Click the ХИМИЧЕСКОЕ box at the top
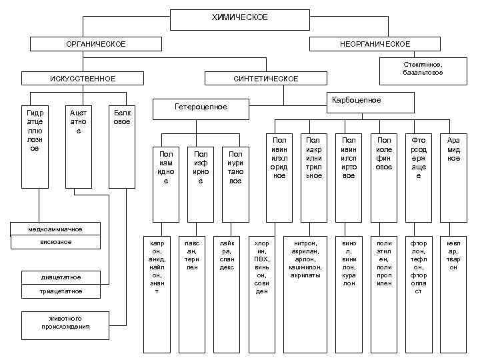(239, 19)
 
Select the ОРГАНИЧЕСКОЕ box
(97, 44)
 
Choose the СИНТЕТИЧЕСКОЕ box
(265, 79)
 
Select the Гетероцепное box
(201, 107)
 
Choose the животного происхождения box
(65, 323)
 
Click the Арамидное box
(453, 177)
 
